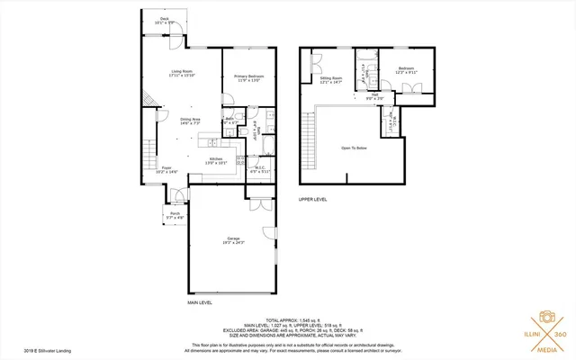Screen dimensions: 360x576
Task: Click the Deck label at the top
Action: tap(165, 17)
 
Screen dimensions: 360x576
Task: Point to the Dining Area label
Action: tap(189, 120)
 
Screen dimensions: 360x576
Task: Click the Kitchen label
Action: tap(216, 160)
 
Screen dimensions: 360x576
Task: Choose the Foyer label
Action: tap(166, 168)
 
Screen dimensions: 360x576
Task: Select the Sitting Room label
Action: tap(331, 80)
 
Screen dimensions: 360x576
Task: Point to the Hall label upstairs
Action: tap(374, 94)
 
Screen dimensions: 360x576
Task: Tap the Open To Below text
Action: tap(354, 148)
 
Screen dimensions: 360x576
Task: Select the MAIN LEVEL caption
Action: tap(200, 302)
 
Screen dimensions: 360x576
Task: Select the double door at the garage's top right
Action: tap(257, 204)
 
